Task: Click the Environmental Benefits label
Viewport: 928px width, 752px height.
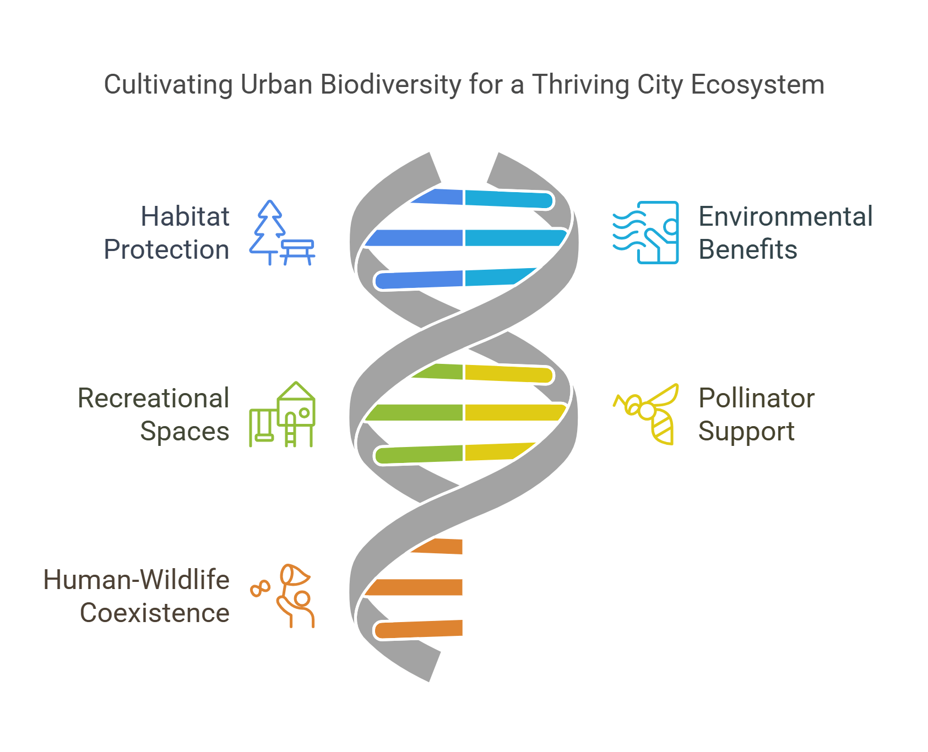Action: pos(785,233)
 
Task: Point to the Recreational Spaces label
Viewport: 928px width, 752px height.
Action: pos(154,415)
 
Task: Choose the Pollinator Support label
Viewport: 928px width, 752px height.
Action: pos(756,415)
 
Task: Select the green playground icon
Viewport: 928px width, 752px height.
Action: pos(282,414)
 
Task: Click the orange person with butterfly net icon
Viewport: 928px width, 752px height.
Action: pos(292,596)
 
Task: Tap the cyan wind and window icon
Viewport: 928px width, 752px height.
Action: pos(646,232)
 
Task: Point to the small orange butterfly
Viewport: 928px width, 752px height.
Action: pos(260,588)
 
